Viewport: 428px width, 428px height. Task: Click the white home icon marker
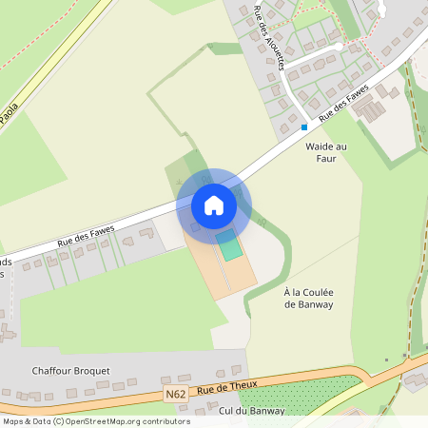point(214,205)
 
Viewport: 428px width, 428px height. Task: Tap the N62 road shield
point(174,394)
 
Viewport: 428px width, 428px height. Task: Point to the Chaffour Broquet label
point(70,370)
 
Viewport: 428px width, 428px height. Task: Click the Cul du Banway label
point(252,410)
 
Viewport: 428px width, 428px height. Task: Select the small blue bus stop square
point(304,126)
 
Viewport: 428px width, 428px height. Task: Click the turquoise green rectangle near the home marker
point(229,246)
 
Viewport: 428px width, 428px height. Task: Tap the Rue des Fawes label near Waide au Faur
point(343,103)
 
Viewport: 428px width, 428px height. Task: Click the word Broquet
point(91,370)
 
